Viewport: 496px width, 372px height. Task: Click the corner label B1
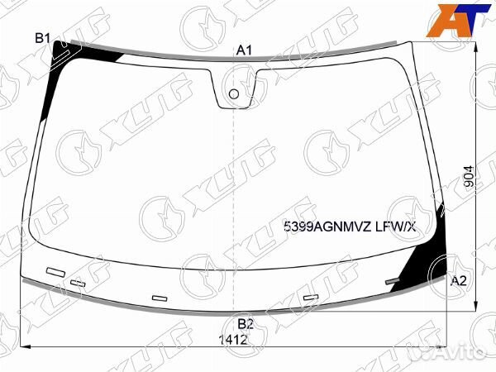(x=43, y=39)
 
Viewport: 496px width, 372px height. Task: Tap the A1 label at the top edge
(x=244, y=50)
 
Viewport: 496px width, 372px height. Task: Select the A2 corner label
(x=458, y=280)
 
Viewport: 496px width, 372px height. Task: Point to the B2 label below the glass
(x=246, y=324)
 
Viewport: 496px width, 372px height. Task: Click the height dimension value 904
(x=470, y=176)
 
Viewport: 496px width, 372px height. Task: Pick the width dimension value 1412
(x=233, y=340)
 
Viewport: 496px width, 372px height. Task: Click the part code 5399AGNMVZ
(x=327, y=227)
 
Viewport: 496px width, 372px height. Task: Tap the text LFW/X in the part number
(x=395, y=227)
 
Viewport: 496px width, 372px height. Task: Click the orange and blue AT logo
(x=458, y=21)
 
